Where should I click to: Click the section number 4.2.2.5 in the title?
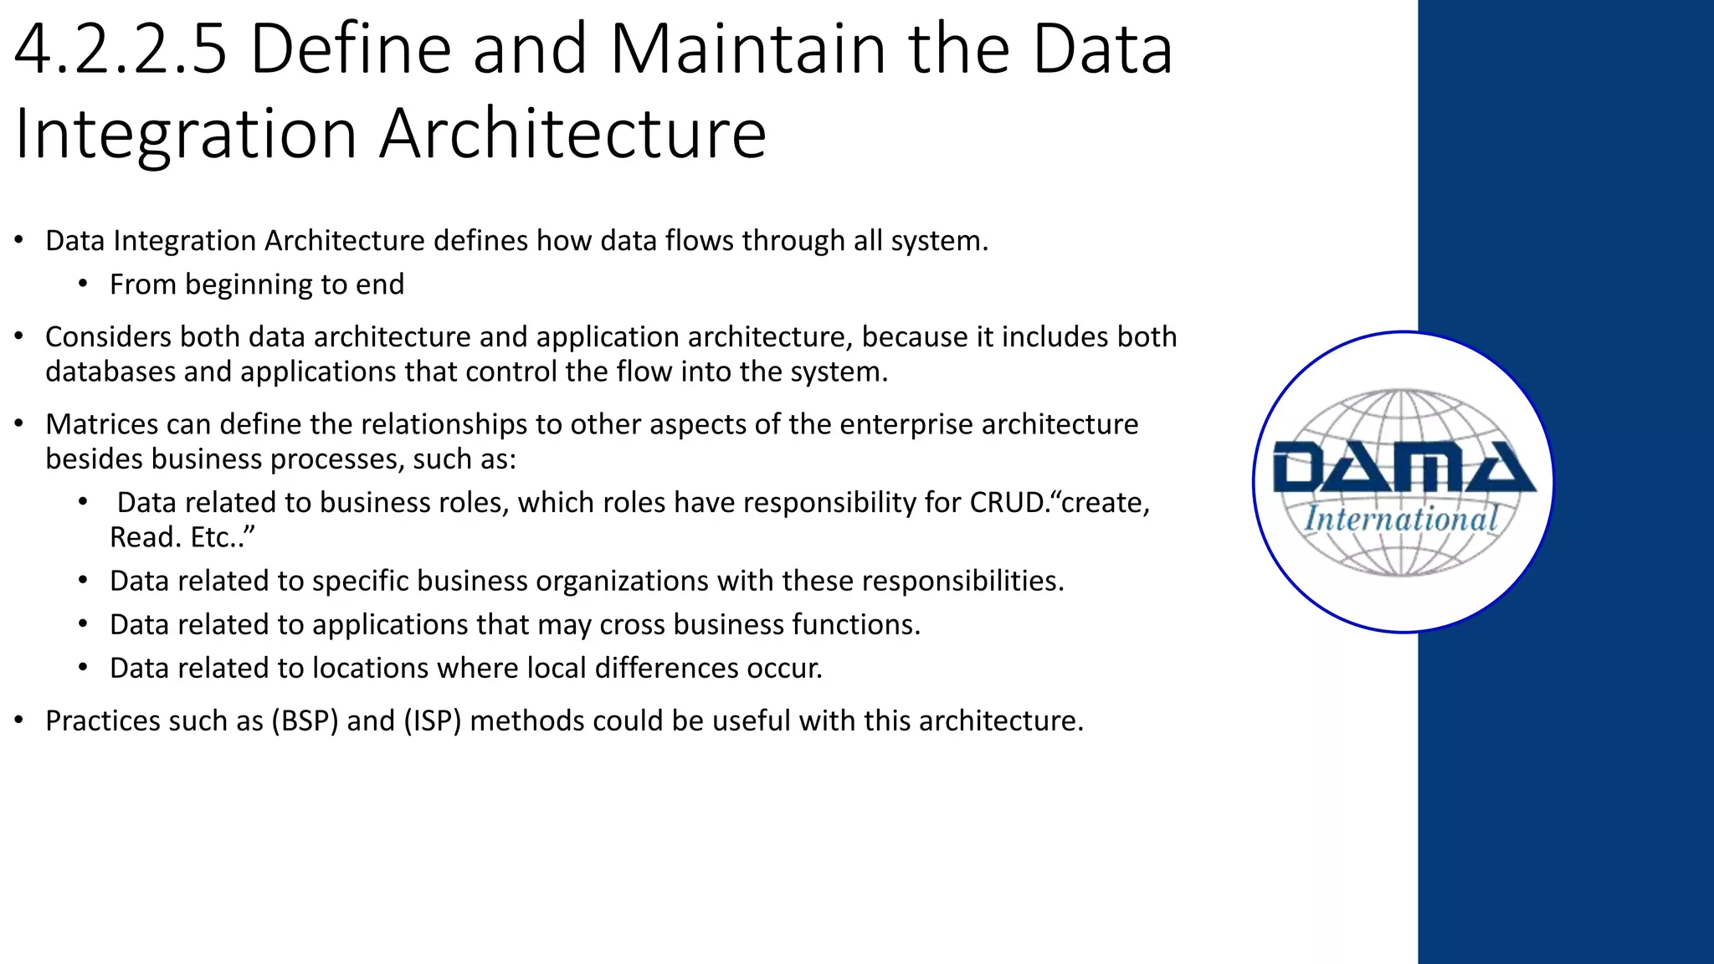(121, 50)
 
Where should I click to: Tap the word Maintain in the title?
(747, 50)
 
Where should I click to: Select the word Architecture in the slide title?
(572, 134)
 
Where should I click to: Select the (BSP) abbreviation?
(305, 720)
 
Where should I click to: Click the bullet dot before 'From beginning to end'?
(83, 285)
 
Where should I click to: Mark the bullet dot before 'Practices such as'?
(18, 720)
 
